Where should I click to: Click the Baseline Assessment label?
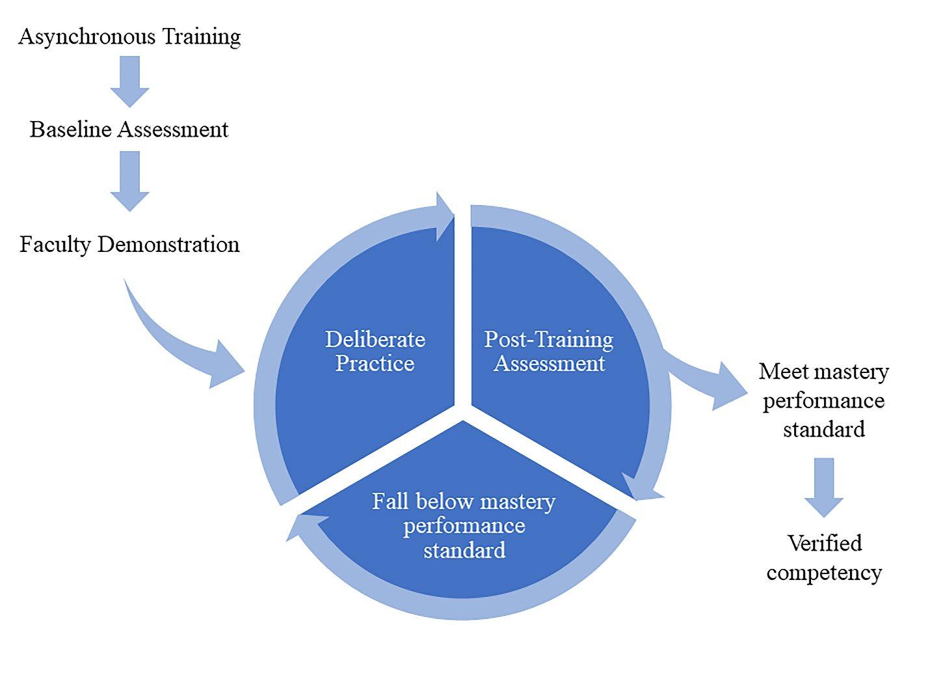click(x=129, y=130)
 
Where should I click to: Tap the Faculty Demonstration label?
click(x=129, y=245)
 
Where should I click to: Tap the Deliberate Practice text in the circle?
click(x=375, y=351)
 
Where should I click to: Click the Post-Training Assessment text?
click(x=549, y=351)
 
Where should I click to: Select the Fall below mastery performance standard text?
click(x=464, y=525)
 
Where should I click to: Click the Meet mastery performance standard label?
click(x=823, y=400)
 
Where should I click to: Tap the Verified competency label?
click(x=824, y=558)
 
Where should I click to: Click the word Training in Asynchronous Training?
click(x=201, y=37)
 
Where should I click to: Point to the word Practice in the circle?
click(x=375, y=363)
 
